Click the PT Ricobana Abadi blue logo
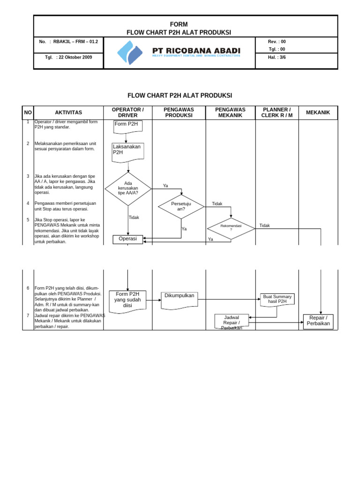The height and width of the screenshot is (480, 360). point(129,52)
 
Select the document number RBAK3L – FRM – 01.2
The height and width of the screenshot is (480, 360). point(75,42)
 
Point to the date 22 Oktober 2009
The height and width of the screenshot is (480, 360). point(74,57)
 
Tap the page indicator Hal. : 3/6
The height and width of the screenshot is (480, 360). point(277,57)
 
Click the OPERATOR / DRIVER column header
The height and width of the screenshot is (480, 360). point(128,112)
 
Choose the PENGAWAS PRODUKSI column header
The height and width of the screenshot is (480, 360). point(179,112)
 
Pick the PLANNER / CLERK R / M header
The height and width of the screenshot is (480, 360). point(277,112)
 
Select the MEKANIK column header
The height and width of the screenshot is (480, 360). point(318,112)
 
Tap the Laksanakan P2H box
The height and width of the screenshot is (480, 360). point(128,151)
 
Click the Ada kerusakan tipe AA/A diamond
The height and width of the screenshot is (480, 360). point(128,188)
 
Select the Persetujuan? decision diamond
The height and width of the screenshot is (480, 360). point(181,206)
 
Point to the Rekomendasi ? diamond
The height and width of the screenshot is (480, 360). point(231,228)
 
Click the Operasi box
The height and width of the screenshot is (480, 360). point(128,239)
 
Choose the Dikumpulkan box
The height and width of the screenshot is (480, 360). point(179,297)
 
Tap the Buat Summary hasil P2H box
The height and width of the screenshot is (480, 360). point(277,299)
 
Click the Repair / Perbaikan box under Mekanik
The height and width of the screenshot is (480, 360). point(318,321)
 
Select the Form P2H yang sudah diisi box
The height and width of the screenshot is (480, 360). point(128,300)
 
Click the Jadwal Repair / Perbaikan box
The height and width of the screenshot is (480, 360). point(232,321)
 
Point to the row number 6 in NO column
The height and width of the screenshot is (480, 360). point(28,288)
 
